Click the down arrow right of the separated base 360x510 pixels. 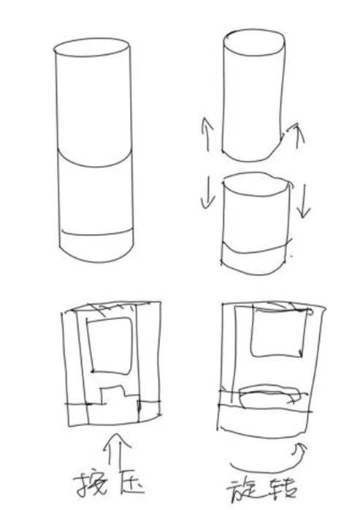[x=304, y=201]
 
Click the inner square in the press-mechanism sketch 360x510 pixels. [x=110, y=345]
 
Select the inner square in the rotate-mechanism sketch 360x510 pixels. [x=278, y=332]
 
